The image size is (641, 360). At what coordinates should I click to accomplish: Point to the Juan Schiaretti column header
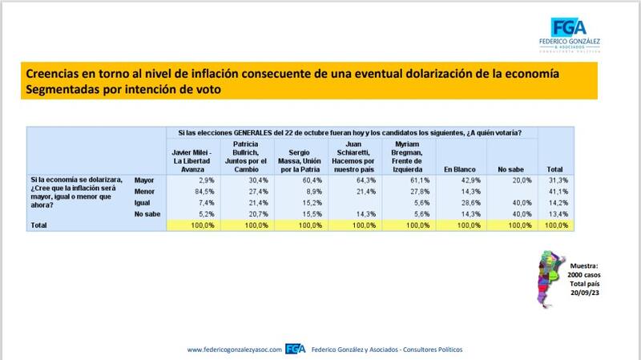pyautogui.click(x=353, y=156)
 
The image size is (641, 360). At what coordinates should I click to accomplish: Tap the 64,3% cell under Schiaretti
pyautogui.click(x=366, y=180)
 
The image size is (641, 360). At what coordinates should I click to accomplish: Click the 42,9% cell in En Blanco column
pyautogui.click(x=471, y=180)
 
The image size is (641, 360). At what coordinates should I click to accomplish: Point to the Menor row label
pyautogui.click(x=144, y=192)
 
